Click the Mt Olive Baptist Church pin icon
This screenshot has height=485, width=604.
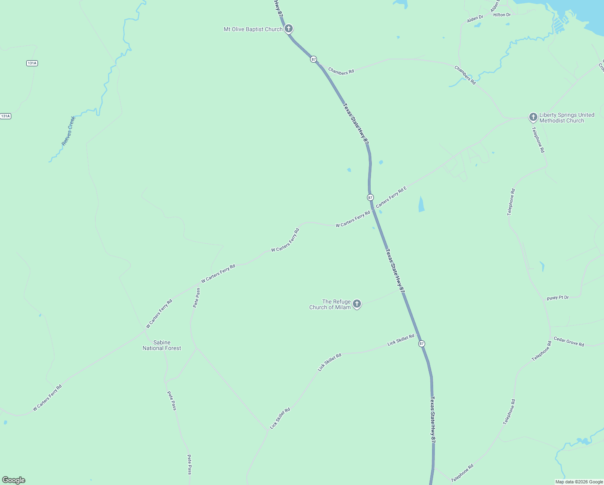point(288,29)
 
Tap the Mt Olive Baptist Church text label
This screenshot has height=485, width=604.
point(253,30)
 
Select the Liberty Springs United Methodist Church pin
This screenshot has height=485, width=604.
point(533,117)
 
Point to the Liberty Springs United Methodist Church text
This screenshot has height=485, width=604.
point(566,118)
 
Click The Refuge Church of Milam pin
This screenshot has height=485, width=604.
point(357,304)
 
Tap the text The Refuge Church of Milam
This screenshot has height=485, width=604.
point(330,304)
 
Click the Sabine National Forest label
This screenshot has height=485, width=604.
point(162,345)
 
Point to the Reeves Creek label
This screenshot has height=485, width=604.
point(68,131)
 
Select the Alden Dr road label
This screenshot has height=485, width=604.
point(475,19)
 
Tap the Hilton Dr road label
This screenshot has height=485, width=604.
point(502,15)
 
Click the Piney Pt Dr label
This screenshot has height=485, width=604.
point(558,298)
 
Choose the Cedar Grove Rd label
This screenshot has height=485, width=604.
point(568,342)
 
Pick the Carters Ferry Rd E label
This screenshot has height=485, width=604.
point(391,197)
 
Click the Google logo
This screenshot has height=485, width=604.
point(14,480)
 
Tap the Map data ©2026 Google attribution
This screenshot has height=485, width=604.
point(579,482)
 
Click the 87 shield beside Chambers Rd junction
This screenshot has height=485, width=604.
point(313,59)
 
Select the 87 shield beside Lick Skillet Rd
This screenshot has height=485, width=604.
point(422,344)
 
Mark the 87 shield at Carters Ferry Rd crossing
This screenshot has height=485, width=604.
point(370,197)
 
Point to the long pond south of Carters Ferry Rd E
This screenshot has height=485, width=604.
point(422,204)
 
